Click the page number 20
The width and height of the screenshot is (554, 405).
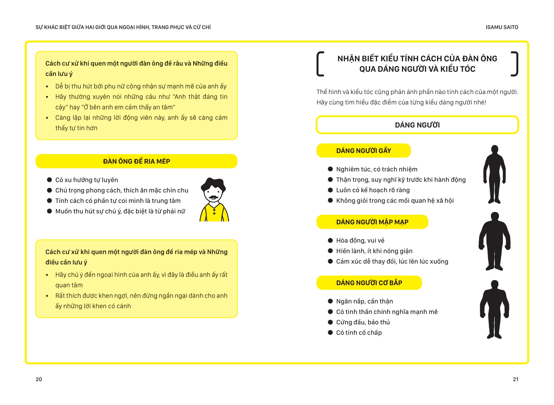(39, 379)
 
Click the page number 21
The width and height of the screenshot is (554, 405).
(515, 379)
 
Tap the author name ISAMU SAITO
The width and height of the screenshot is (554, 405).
(502, 27)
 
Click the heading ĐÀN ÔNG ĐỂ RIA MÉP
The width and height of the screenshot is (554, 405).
(136, 161)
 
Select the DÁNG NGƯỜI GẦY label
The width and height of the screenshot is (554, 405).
(363, 151)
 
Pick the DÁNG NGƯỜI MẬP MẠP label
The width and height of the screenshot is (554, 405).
(372, 222)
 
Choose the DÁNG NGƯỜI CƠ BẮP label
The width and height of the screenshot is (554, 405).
(369, 283)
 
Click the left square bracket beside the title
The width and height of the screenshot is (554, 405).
(320, 64)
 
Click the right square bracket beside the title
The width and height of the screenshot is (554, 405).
(515, 64)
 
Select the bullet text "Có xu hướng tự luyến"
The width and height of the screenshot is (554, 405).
(86, 180)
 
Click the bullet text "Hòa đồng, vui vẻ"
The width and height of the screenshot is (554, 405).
(360, 240)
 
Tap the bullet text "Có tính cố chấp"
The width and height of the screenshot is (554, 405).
(359, 333)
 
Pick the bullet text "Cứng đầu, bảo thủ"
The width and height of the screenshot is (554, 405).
(363, 322)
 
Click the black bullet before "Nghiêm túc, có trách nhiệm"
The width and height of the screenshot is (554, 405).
(330, 169)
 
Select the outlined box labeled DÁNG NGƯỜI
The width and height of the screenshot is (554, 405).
(417, 125)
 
